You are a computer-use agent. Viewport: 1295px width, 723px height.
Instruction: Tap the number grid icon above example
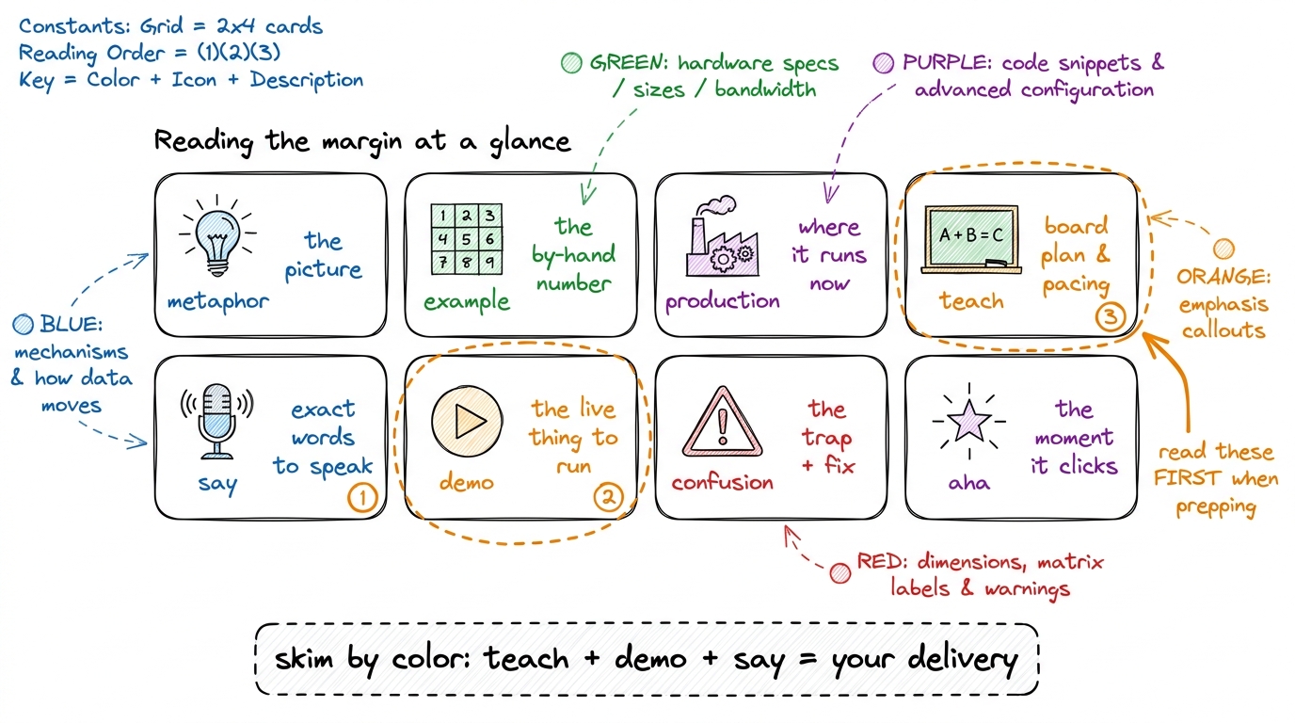[467, 239]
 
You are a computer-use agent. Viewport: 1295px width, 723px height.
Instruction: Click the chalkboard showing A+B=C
[971, 239]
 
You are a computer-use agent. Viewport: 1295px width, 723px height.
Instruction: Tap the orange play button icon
[467, 421]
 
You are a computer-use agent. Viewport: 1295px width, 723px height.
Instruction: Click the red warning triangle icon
[722, 422]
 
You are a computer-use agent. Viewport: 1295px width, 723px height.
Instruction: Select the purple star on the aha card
[969, 421]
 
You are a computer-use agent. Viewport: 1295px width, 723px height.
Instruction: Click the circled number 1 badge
[362, 497]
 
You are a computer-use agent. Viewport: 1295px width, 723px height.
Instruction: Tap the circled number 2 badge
[608, 497]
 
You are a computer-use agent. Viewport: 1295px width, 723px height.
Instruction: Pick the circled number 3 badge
[1110, 316]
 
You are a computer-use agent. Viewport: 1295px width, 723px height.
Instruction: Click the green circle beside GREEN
[572, 62]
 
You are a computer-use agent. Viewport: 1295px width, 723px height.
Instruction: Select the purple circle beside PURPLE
[884, 62]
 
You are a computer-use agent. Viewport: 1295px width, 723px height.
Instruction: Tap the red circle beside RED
[840, 573]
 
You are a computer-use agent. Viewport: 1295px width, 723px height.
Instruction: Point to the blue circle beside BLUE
[24, 325]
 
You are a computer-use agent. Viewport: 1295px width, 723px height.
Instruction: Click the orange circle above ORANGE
[1223, 249]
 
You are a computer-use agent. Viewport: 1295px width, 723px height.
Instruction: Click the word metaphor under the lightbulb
[218, 302]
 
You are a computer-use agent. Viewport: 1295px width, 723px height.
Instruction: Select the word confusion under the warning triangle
[722, 482]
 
